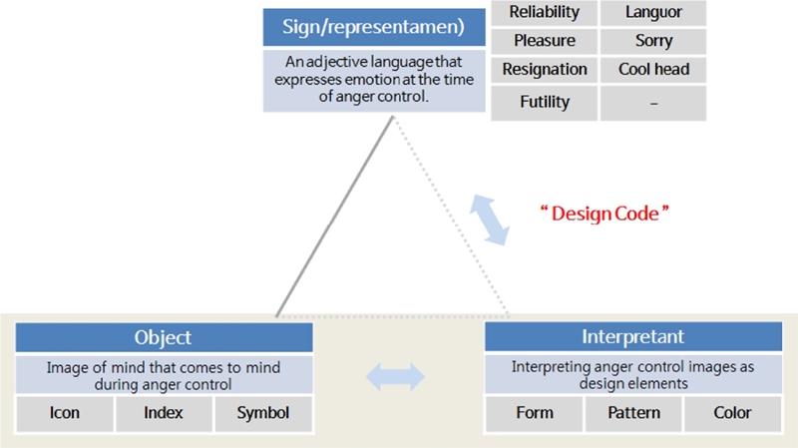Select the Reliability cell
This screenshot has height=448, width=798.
point(545,12)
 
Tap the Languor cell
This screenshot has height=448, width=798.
point(653,12)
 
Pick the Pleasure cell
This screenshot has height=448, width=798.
point(545,41)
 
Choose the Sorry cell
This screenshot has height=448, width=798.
point(653,41)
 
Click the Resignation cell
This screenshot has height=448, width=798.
point(545,70)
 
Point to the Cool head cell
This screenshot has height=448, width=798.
point(653,70)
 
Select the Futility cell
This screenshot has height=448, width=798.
point(545,102)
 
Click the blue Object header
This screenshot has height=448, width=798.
point(163,338)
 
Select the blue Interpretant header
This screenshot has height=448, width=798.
point(632,338)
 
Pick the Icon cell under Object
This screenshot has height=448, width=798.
point(65,413)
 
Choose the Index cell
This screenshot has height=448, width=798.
point(164,413)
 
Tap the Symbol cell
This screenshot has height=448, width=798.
point(262,413)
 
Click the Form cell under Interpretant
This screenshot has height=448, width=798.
point(534,413)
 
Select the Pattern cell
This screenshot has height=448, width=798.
point(633,413)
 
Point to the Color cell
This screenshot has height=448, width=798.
point(732,413)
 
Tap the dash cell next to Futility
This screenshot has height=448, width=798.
point(653,102)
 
